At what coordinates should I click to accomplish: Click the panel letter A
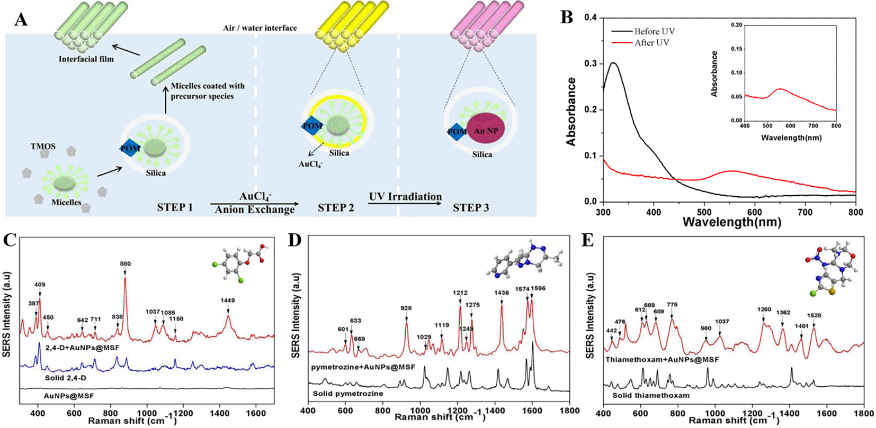21,21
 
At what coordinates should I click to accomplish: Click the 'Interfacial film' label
86,59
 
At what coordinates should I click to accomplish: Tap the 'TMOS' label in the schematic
43,147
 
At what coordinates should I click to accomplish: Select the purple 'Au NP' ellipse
486,131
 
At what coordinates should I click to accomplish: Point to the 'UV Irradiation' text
405,197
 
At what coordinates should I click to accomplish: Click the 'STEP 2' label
336,208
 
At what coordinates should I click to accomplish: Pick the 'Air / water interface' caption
260,28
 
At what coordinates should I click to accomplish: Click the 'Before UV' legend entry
655,31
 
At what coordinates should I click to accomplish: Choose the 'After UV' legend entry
651,43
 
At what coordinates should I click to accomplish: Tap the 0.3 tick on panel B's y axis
591,63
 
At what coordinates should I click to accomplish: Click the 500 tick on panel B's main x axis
704,212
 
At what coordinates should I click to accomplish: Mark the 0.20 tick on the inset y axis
736,25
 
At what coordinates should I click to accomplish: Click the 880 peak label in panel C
125,263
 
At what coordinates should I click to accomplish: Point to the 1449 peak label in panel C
228,300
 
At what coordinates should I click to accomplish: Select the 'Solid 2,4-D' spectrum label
66,378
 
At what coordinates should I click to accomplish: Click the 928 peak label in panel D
406,308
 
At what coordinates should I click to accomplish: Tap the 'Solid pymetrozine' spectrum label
348,394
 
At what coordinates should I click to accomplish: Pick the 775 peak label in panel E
672,305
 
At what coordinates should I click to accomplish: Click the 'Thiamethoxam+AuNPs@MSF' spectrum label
662,359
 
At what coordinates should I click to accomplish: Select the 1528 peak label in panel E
814,316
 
